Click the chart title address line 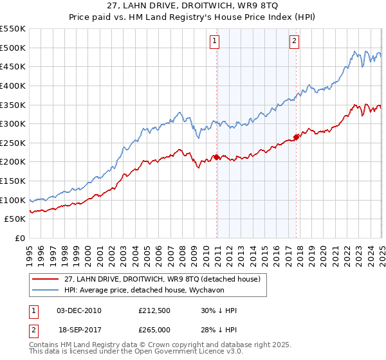[193, 6]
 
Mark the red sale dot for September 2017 [297, 136]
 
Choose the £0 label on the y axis [19, 238]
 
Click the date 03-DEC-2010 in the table [78, 310]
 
